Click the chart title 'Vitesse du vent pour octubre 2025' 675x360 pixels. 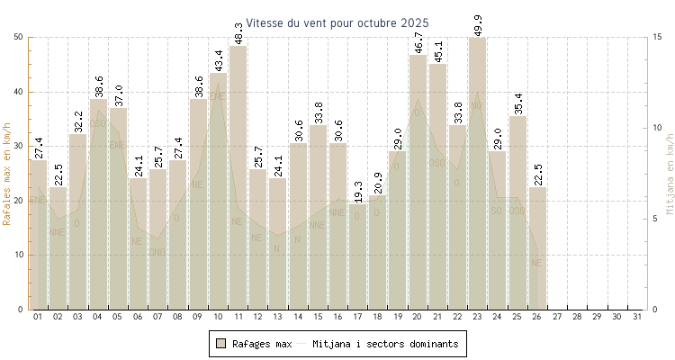point(337,22)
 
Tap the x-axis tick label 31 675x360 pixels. point(636,318)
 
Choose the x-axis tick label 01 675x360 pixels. point(38,318)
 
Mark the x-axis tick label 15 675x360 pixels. point(318,318)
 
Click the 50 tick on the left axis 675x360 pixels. point(19,37)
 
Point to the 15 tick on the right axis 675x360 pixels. point(658,37)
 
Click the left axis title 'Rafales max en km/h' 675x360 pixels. point(8,174)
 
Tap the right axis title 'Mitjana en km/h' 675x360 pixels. point(669,174)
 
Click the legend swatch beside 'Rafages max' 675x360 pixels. point(220,344)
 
